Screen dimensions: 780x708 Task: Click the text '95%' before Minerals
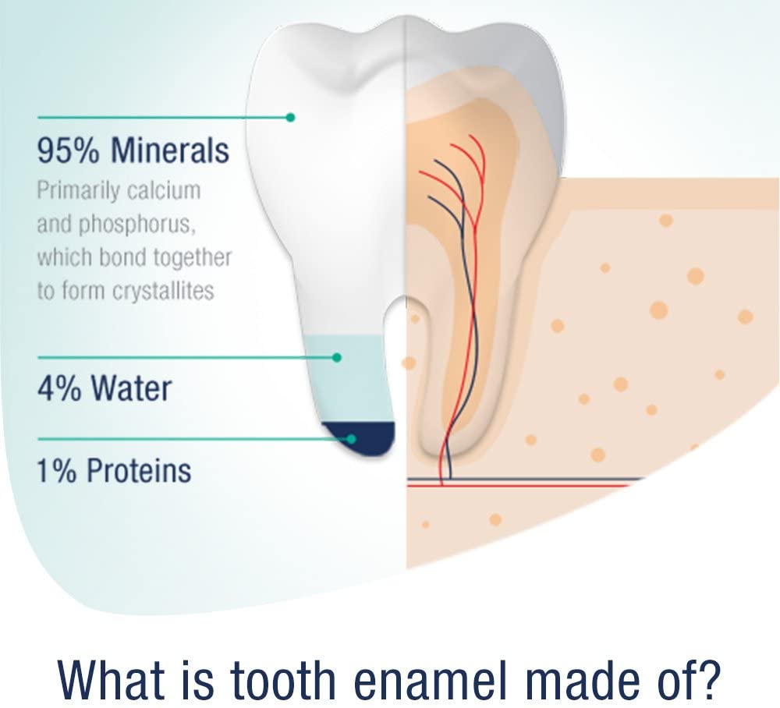click(68, 150)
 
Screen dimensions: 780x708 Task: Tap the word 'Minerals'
click(169, 150)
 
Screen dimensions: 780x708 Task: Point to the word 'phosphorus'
click(136, 225)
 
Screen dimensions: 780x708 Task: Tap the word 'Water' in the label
click(132, 389)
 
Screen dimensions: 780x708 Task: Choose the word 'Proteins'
click(139, 470)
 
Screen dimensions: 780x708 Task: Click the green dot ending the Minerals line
click(290, 117)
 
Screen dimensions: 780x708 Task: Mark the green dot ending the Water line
click(337, 357)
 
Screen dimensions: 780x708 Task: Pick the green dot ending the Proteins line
click(351, 439)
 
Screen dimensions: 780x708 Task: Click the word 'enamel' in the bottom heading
click(431, 680)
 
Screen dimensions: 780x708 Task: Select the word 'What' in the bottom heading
click(112, 680)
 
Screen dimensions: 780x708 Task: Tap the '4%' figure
click(59, 389)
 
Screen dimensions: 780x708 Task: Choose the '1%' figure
click(57, 470)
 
